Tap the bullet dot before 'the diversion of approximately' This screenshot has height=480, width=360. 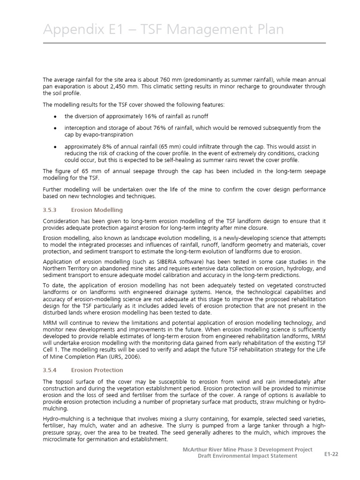pyautogui.click(x=55, y=117)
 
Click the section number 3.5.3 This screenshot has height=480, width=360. pyautogui.click(x=50, y=210)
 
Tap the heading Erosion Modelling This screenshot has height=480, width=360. pyautogui.click(x=97, y=210)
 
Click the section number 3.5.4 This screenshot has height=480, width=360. pyautogui.click(x=50, y=370)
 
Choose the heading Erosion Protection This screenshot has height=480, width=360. pyautogui.click(x=97, y=370)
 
